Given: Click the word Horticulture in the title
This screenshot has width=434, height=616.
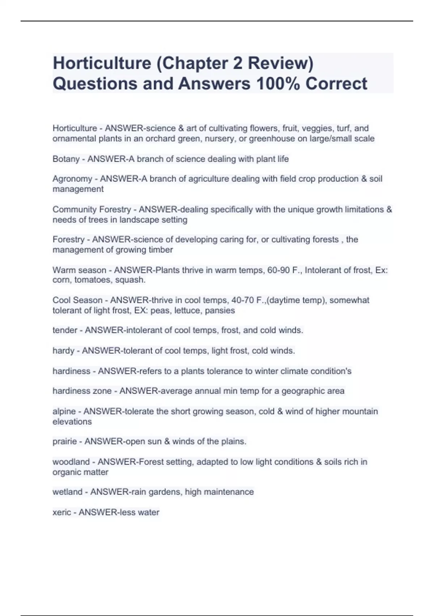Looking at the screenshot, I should click(x=102, y=63).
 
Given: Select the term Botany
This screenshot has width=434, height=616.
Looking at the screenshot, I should click(x=66, y=159).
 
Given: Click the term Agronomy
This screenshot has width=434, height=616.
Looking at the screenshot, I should click(x=72, y=179).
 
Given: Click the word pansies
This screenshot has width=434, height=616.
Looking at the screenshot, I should click(x=220, y=311).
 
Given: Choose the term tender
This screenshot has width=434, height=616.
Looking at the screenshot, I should click(x=65, y=330).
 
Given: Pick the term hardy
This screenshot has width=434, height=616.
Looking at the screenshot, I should click(x=63, y=351).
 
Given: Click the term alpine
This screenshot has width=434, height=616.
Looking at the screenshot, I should click(x=64, y=411).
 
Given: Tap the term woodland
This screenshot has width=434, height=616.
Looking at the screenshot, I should click(x=71, y=462).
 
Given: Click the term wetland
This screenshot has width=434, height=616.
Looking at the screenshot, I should click(x=67, y=492).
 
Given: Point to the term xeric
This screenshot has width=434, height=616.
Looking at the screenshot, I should click(x=61, y=512).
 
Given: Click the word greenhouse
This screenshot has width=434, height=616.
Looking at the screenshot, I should click(x=272, y=139).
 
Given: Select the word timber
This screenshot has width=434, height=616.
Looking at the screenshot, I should click(x=161, y=250).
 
